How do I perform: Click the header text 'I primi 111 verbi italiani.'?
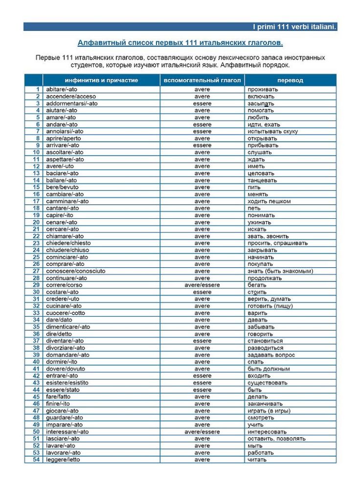[x=294, y=26]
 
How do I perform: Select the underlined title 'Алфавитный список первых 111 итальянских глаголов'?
[x=180, y=43]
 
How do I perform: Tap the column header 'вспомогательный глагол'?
[x=202, y=80]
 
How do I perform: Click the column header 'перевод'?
[x=290, y=80]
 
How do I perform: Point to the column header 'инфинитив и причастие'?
[x=101, y=80]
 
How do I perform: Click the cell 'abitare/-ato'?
[x=62, y=90]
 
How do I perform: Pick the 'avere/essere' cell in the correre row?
[x=202, y=285]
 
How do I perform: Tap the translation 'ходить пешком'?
[x=269, y=201]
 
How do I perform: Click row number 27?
[x=36, y=271]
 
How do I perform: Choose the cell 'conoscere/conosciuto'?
[x=75, y=271]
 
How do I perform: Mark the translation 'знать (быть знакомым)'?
[x=280, y=271]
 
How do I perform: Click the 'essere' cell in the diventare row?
[x=202, y=341]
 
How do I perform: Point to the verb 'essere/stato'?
[x=63, y=390]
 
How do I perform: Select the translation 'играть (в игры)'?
[x=269, y=411]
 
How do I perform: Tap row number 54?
[x=36, y=460]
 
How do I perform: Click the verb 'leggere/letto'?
[x=63, y=460]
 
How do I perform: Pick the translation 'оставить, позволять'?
[x=276, y=439]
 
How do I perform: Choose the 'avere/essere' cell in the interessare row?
[x=202, y=432]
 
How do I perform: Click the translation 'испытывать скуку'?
[x=272, y=131]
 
